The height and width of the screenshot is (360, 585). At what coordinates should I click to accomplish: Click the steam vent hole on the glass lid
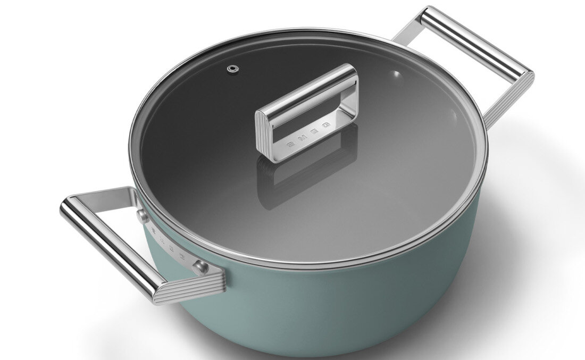pos(232,69)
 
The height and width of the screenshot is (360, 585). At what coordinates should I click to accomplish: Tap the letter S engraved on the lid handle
pos(290,144)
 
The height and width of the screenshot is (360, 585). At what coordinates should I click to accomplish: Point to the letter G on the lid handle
pos(326,125)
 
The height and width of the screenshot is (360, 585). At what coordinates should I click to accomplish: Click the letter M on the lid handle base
pos(303,138)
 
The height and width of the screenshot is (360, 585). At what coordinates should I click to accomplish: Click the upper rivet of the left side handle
pos(143,215)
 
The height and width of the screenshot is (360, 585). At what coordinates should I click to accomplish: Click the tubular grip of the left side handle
pos(106,245)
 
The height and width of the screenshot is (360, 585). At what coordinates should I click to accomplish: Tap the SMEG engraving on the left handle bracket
pos(170,242)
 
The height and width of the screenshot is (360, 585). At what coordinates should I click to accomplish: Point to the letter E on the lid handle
pos(315,131)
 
